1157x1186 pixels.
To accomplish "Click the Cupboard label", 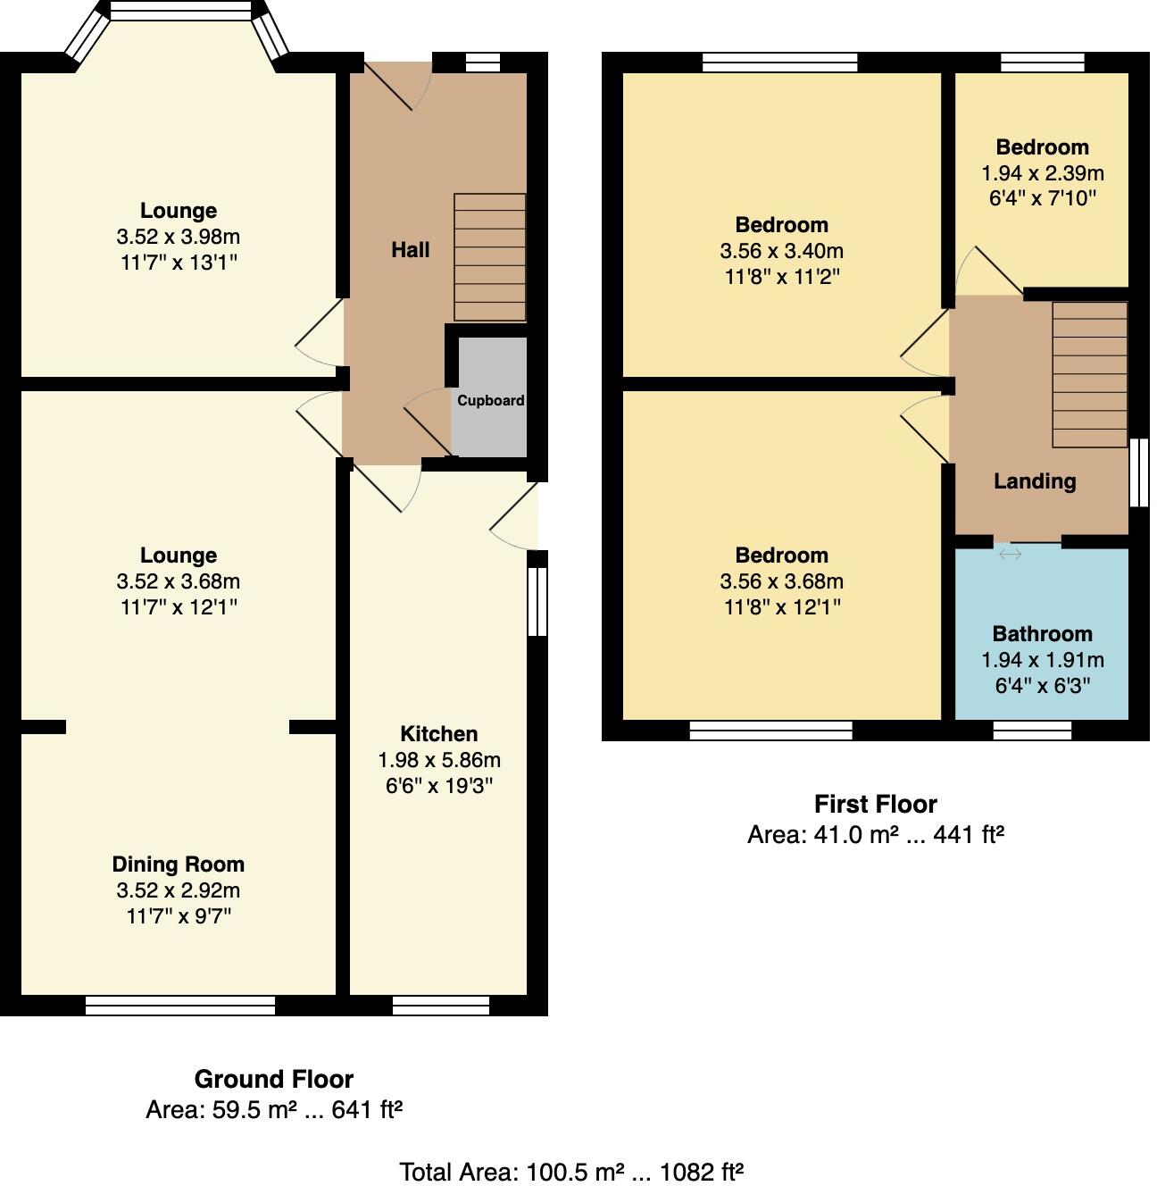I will coord(490,400).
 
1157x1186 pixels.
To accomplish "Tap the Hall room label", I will coord(410,250).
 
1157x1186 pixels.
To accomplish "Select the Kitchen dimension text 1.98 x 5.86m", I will coord(438,760).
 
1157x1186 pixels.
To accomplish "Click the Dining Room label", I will coord(178,864).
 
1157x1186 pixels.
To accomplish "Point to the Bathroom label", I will coord(1042,634).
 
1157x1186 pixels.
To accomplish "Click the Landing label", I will coord(1035,481).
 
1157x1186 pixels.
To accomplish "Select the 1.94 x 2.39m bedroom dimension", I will coord(1042,173).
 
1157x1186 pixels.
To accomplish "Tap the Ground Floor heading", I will coord(273,1079).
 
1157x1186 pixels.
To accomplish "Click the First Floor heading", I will coord(875,804).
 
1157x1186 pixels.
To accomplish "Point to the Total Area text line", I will coord(570,1171).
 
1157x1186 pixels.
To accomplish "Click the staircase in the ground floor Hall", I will coord(489,257).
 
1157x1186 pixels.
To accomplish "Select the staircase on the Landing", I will coord(1089,375).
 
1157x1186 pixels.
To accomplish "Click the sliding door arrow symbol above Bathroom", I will coord(1010,555).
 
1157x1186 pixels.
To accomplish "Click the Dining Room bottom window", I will coord(180,1006).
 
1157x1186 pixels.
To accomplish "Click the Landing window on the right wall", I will coord(1138,473).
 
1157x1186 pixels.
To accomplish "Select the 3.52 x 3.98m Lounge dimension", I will coord(178,237).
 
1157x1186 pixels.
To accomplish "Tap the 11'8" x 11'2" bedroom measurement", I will coord(781,277).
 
